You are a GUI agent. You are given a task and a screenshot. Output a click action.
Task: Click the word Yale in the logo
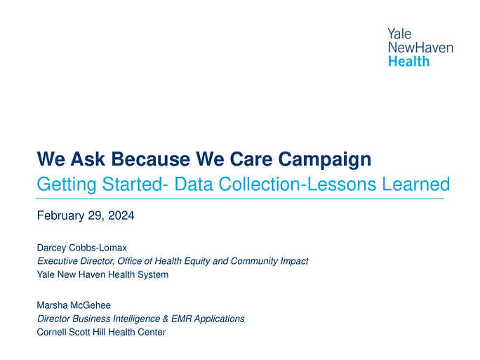coord(399,34)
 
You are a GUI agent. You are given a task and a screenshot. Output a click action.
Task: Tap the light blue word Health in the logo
coord(408,61)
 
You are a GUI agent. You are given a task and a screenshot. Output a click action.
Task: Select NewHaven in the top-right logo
coord(420,48)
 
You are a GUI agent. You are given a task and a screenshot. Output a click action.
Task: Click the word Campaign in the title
coord(324,160)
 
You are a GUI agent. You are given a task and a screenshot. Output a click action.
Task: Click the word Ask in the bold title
coord(88,159)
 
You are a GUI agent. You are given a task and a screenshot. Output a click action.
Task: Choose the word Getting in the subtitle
coord(67,185)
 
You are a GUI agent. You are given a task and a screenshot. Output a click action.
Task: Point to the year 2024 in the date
coord(121,215)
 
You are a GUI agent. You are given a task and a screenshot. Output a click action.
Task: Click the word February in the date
coord(60,216)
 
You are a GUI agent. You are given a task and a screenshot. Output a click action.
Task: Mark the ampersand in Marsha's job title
coord(166,319)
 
